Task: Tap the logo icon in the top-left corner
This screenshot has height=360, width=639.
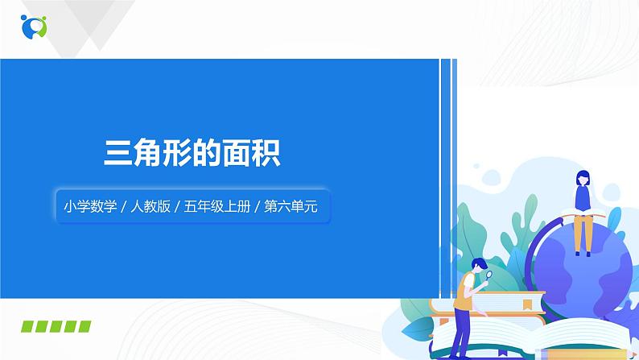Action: click(34, 26)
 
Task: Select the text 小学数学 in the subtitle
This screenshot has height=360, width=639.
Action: click(87, 207)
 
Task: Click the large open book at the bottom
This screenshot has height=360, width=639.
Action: click(515, 342)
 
